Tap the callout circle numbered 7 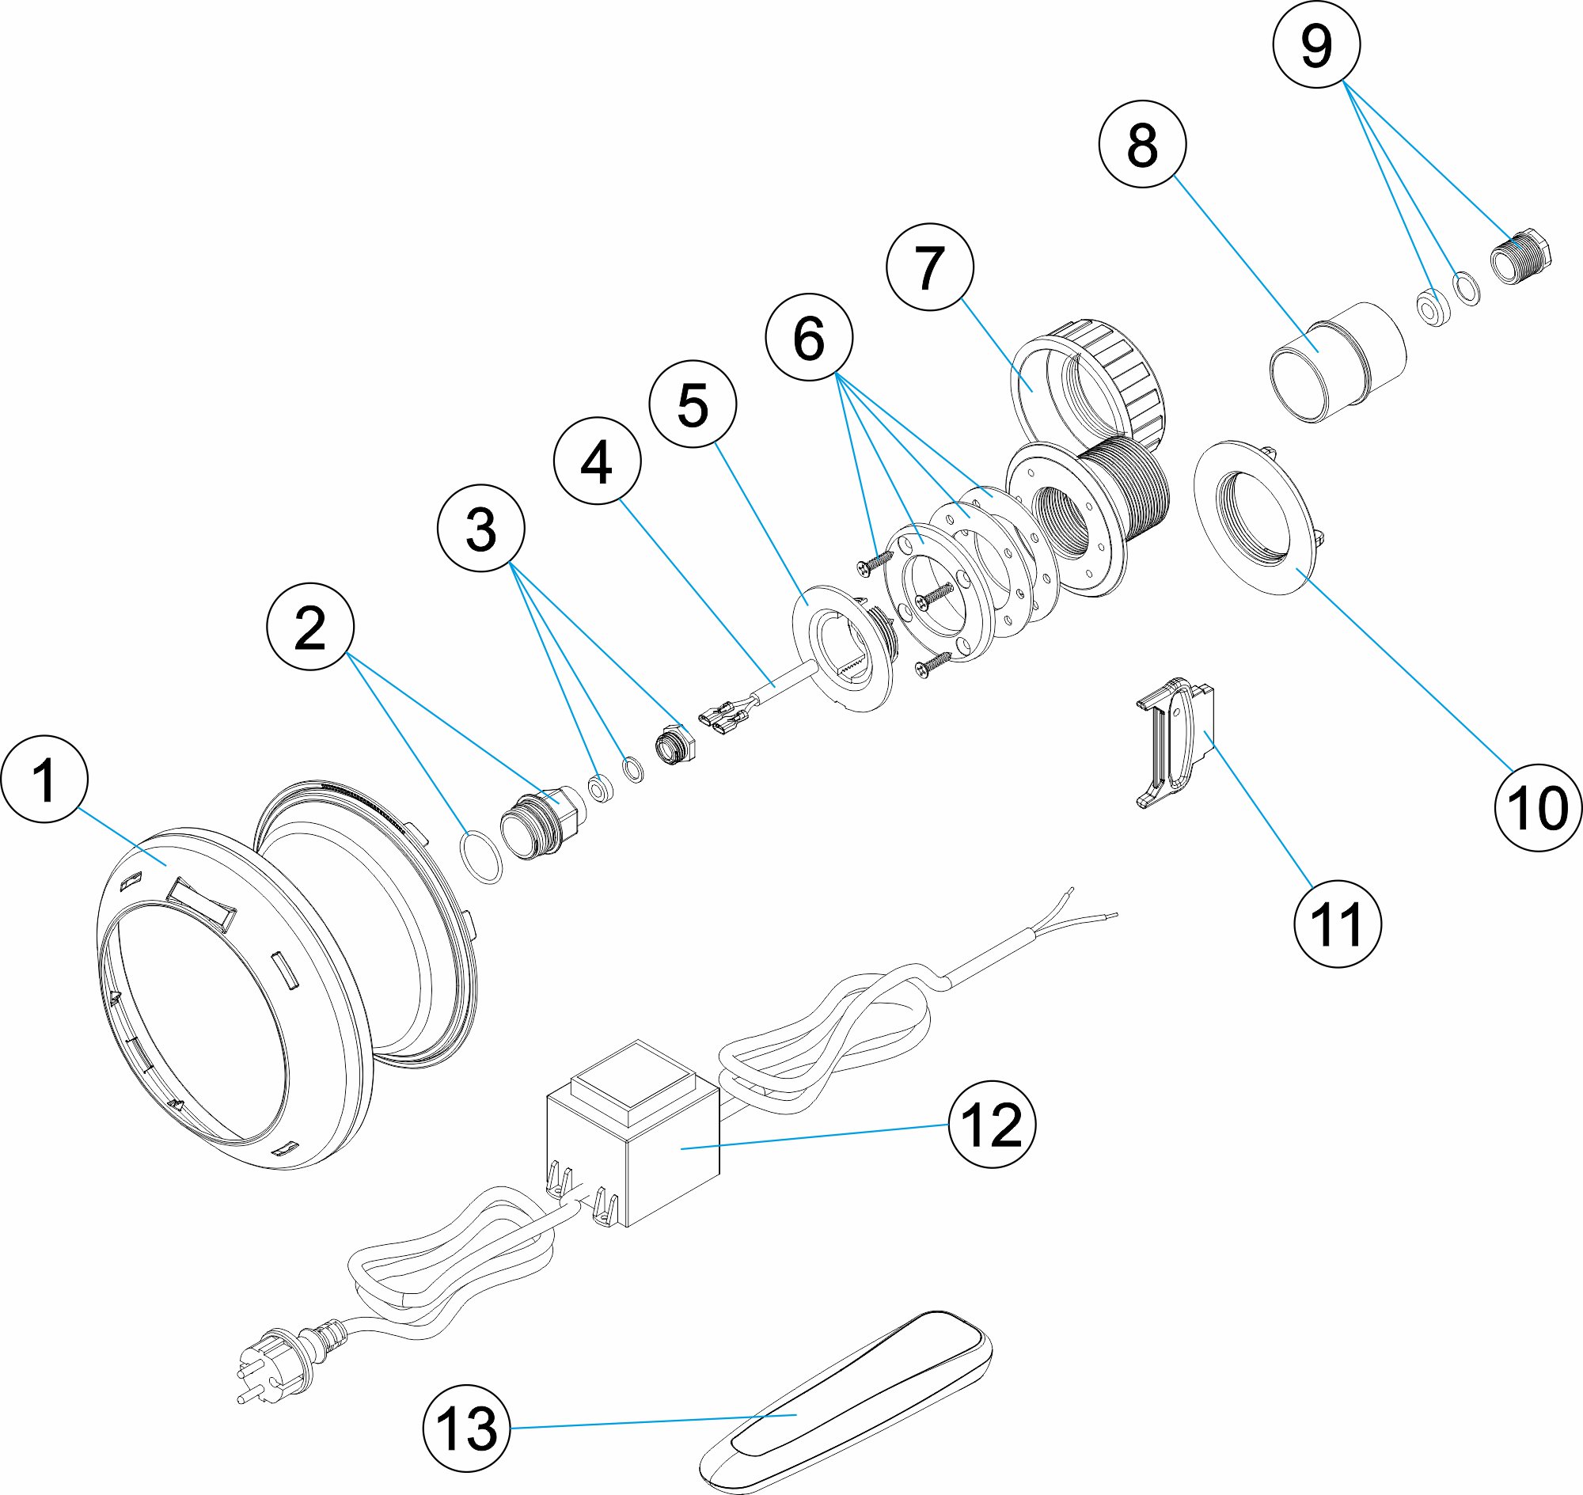929,267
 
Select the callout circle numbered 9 1316,44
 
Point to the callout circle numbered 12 992,1125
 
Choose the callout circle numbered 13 466,1428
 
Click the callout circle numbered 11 1338,924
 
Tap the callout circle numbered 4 597,461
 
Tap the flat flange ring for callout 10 1251,518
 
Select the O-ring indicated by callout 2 481,857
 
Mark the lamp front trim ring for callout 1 231,996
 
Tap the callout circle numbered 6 808,337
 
